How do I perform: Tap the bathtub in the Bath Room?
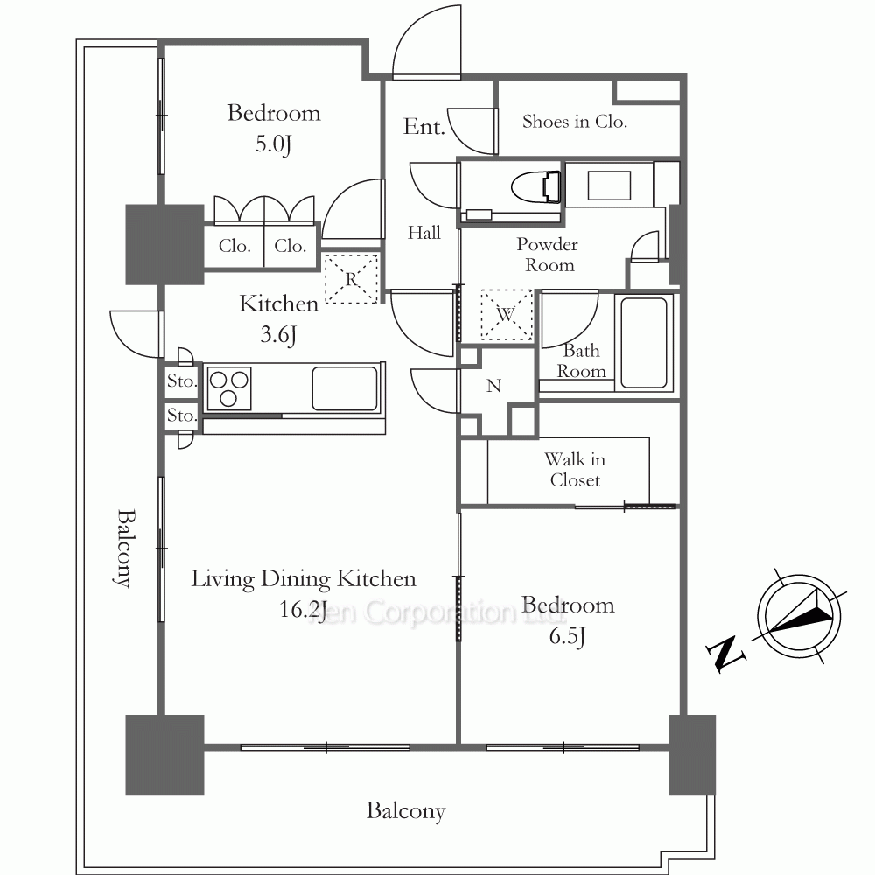[x=643, y=341]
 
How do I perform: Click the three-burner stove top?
[x=228, y=388]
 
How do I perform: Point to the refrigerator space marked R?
[x=352, y=278]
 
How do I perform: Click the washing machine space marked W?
[x=506, y=315]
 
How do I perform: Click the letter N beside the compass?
[x=725, y=653]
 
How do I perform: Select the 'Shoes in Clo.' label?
[x=575, y=121]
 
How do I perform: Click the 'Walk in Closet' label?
[x=575, y=469]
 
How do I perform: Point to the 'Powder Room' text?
[x=547, y=254]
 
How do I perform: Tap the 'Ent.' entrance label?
[x=424, y=127]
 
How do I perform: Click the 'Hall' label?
[x=424, y=232]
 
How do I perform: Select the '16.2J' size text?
[x=303, y=609]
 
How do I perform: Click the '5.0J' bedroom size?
[x=273, y=144]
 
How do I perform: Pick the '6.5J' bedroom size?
[x=568, y=636]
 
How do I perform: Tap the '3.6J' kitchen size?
[x=278, y=335]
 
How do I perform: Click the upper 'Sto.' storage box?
[x=181, y=381]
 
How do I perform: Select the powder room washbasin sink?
[x=609, y=185]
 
